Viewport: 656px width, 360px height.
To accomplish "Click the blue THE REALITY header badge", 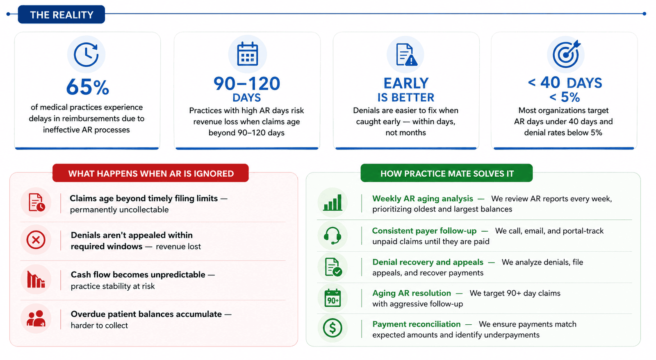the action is [x=61, y=14].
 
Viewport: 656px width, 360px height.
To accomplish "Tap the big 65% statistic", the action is [x=88, y=87].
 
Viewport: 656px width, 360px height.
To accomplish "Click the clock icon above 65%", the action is [x=86, y=55].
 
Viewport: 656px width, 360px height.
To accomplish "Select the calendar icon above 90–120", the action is [x=248, y=54].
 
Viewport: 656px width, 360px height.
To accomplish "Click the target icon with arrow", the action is [x=566, y=54].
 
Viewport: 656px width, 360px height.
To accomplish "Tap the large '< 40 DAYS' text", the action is [x=565, y=82].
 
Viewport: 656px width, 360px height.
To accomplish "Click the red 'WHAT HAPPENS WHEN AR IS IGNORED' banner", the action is [x=150, y=173].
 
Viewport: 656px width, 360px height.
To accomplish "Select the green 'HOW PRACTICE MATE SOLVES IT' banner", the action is [x=446, y=173].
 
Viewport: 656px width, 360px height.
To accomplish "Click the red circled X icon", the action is [x=36, y=240].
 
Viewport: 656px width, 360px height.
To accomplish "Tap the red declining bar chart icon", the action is [x=36, y=279].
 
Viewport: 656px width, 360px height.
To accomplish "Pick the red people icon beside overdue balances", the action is [x=36, y=319].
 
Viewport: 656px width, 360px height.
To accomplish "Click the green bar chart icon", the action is [x=333, y=203].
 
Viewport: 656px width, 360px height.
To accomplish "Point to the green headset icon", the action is [x=333, y=235].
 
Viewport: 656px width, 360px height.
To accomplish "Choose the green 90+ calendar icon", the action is [x=333, y=298].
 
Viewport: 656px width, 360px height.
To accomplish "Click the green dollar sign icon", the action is [x=333, y=328].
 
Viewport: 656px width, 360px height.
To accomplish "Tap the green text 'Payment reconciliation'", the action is [x=417, y=324].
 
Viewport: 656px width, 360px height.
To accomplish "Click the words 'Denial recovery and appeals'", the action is [x=428, y=262].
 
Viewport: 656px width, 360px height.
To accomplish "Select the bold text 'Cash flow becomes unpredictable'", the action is [x=138, y=274].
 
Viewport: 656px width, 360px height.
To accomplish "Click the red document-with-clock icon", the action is [x=36, y=203].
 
